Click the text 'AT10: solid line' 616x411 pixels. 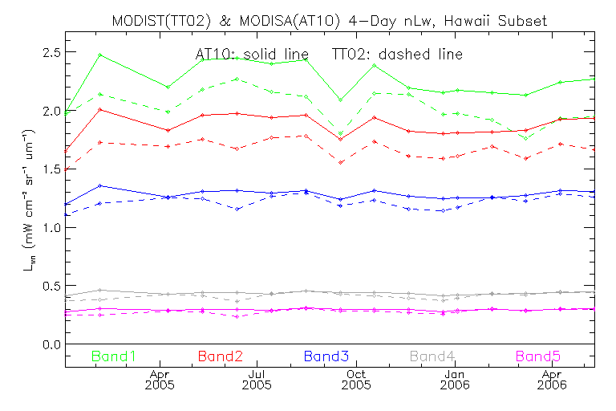click(251, 54)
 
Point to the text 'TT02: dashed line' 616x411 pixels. click(396, 54)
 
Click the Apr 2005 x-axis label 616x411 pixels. click(160, 380)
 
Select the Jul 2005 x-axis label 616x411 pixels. click(257, 380)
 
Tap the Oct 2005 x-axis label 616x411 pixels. click(356, 380)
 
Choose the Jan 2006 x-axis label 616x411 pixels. click(455, 380)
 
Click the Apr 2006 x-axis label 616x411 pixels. click(552, 380)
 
